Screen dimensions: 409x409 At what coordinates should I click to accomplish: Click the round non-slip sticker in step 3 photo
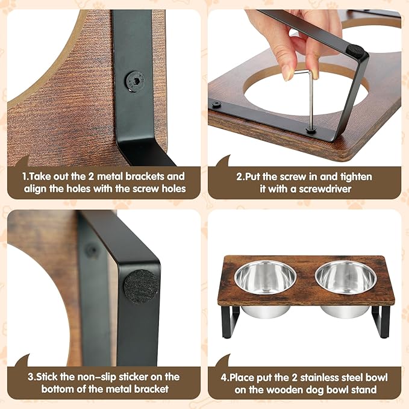[x=141, y=286]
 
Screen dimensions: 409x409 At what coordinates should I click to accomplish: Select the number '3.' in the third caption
[x=31, y=376]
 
